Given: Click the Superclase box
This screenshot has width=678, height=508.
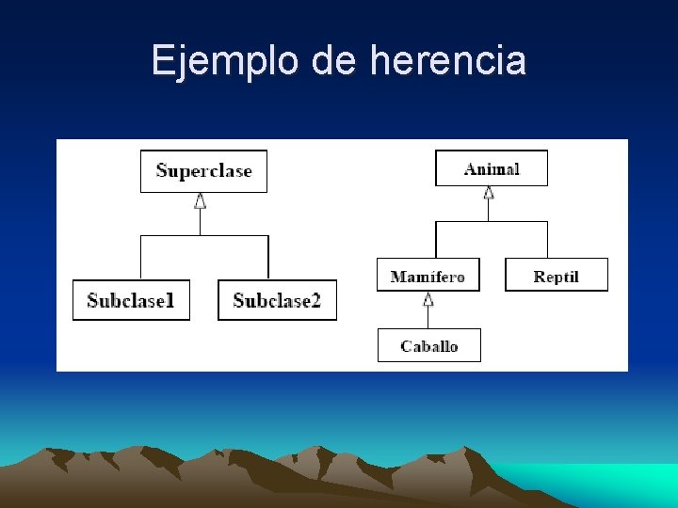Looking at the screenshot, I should click(203, 171).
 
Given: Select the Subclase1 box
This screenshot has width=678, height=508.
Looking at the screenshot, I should click(131, 300).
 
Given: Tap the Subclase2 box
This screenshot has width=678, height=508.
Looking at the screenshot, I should click(277, 300).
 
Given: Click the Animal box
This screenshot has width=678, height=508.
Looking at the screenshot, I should click(491, 168).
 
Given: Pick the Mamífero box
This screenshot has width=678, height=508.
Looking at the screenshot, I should click(428, 276).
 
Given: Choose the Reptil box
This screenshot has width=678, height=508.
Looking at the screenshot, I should click(556, 275).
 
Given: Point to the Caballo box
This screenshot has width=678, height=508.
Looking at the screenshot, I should click(428, 345).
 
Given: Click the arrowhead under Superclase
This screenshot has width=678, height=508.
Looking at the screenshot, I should click(200, 200).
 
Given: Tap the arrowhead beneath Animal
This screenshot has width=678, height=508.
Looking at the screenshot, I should click(488, 193).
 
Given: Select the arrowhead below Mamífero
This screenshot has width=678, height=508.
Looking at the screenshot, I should click(428, 300).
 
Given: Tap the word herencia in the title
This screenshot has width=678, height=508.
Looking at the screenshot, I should click(448, 61).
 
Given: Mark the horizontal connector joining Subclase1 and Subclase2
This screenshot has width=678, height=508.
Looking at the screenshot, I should click(204, 235).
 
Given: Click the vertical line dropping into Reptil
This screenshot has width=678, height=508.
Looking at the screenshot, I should click(547, 240).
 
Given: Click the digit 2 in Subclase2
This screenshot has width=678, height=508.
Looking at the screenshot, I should click(315, 300).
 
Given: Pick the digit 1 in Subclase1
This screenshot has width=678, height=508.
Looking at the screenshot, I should click(170, 300).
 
